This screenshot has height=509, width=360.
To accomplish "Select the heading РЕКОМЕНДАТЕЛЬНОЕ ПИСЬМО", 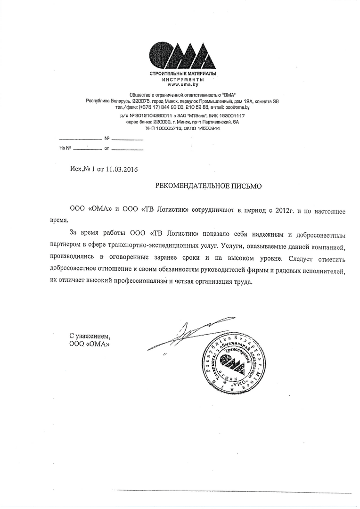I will [x=208, y=187].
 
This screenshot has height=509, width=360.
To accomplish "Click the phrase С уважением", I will [x=90, y=337].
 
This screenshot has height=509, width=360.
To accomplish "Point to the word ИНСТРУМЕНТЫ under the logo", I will [x=183, y=80].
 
